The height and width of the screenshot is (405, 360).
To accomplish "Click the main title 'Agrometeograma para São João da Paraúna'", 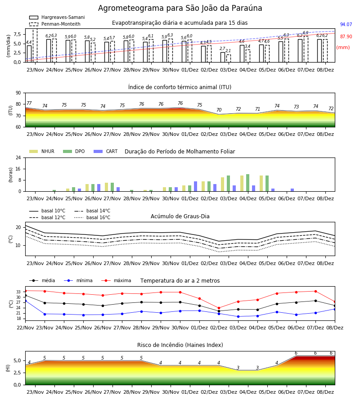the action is click(x=180, y=8).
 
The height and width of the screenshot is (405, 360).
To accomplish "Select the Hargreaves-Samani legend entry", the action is click(x=57, y=17).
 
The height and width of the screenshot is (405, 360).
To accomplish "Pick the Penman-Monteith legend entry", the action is click(x=55, y=24).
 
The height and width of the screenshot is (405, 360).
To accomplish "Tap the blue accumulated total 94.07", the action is click(x=346, y=25).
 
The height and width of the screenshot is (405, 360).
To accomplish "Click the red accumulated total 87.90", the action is click(x=346, y=37).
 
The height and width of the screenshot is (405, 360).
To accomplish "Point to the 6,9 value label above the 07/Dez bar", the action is click(x=306, y=33).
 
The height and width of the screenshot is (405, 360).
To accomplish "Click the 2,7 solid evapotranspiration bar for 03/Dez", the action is click(x=223, y=57).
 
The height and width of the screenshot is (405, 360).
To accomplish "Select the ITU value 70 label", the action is click(x=219, y=110).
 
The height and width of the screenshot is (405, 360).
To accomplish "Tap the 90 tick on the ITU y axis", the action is click(x=18, y=93).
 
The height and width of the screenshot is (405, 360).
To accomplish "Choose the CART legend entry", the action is click(x=106, y=151).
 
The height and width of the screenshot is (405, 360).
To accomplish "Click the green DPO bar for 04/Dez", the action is click(x=247, y=183).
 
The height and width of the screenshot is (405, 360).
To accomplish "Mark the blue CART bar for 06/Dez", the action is click(x=292, y=190).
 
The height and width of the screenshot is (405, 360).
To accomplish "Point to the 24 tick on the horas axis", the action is click(x=18, y=157).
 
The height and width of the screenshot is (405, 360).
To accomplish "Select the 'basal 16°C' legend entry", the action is click(x=92, y=217).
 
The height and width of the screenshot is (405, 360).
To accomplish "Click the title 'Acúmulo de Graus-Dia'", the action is click(x=180, y=216).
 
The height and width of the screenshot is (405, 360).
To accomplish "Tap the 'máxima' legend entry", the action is click(x=117, y=280).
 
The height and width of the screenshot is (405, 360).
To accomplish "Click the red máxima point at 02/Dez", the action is click(x=219, y=308).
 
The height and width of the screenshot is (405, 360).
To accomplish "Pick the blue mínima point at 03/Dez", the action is click(x=238, y=317).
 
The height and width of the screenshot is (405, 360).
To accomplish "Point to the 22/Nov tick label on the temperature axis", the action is click(x=25, y=328).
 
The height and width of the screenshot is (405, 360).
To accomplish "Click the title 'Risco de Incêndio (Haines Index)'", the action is click(x=180, y=345).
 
